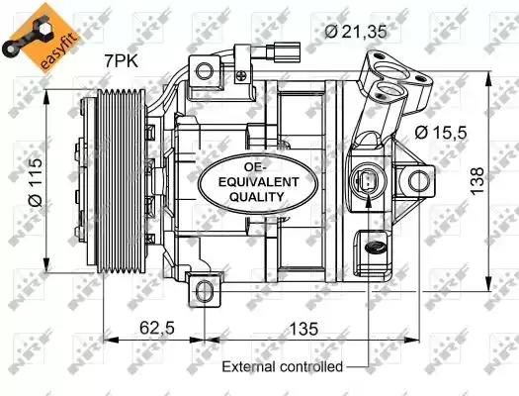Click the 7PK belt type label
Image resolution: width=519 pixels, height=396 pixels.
tap(123, 62)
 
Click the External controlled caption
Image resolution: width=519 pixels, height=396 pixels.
tap(282, 366)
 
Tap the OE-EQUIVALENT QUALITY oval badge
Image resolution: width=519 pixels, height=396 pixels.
tap(243, 180)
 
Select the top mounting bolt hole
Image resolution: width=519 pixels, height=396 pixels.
tap(204, 71)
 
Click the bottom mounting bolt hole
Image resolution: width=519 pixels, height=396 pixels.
tap(205, 290)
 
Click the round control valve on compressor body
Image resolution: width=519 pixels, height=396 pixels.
tap(366, 182)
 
